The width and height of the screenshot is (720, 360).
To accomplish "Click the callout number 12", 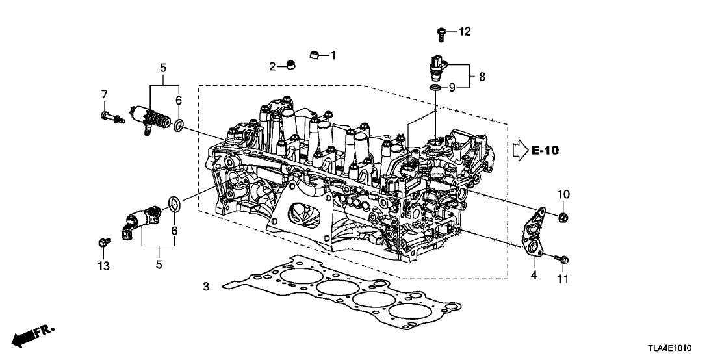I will pyautogui.click(x=465, y=31).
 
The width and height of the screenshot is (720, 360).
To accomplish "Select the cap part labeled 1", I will pyautogui.click(x=315, y=55).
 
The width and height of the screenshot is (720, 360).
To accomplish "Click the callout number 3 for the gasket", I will pyautogui.click(x=206, y=287).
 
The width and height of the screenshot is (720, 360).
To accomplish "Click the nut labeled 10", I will pyautogui.click(x=563, y=216).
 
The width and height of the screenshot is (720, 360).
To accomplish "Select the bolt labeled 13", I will pyautogui.click(x=102, y=243).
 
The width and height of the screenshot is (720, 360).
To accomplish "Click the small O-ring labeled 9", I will pyautogui.click(x=434, y=86).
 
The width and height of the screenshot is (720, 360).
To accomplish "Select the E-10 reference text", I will pyautogui.click(x=545, y=151).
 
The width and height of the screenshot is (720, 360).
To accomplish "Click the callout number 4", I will pyautogui.click(x=533, y=275).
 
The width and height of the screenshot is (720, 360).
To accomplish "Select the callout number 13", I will pyautogui.click(x=103, y=266).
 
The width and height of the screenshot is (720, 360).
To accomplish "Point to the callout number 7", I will pyautogui.click(x=103, y=96).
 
